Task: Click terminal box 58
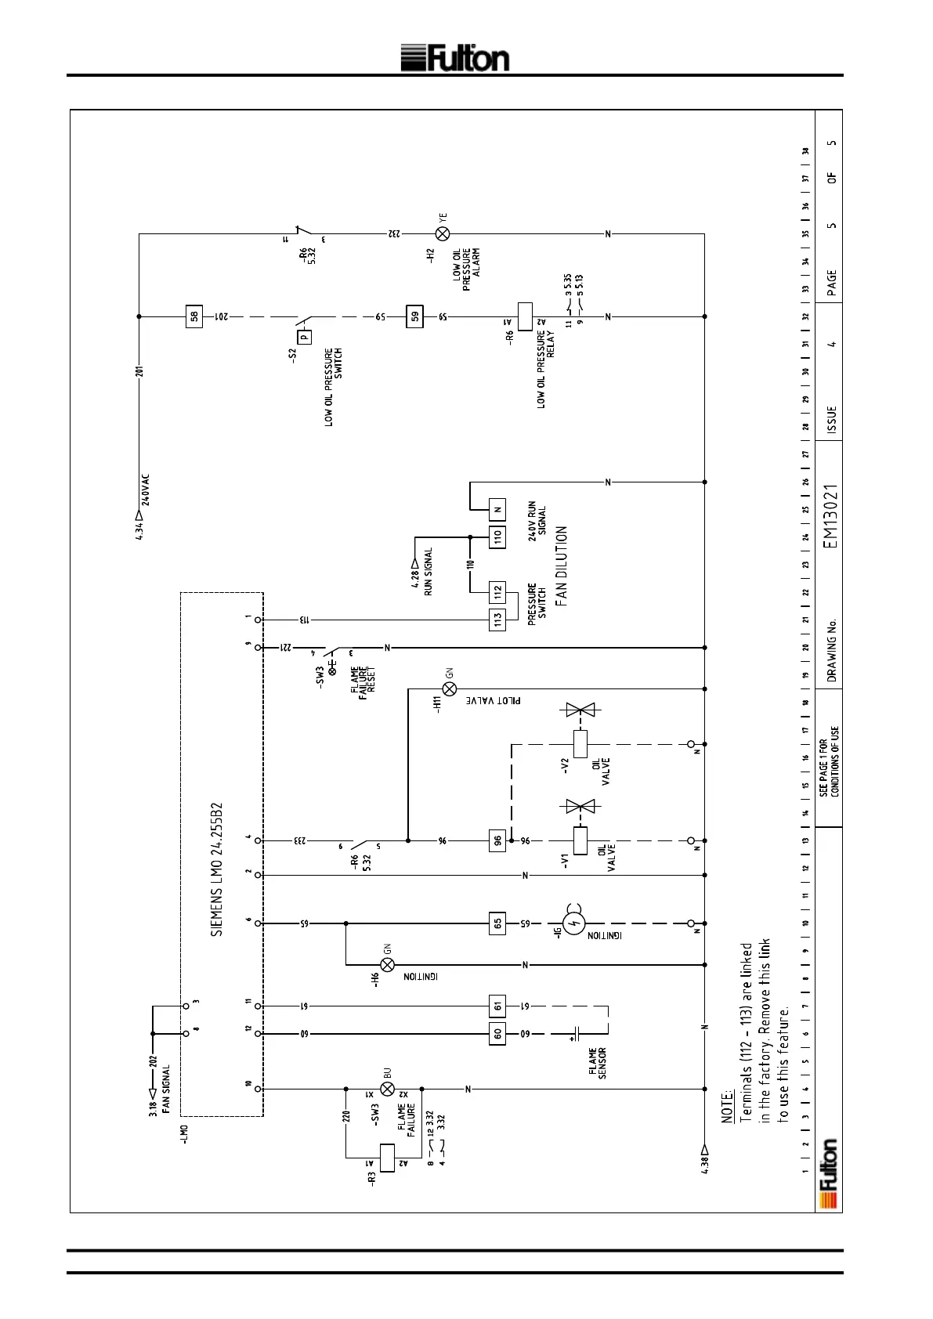194,316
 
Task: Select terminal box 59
415,316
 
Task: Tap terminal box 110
497,537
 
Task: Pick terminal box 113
497,619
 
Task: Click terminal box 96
497,840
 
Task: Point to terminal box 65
497,923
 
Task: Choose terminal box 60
497,1033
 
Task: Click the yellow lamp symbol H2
443,233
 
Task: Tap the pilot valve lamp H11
450,688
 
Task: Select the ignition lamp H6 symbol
387,964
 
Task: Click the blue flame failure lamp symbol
387,1089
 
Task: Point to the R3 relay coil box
387,1157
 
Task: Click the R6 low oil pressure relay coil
525,316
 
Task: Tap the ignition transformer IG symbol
576,923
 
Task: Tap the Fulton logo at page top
455,59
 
